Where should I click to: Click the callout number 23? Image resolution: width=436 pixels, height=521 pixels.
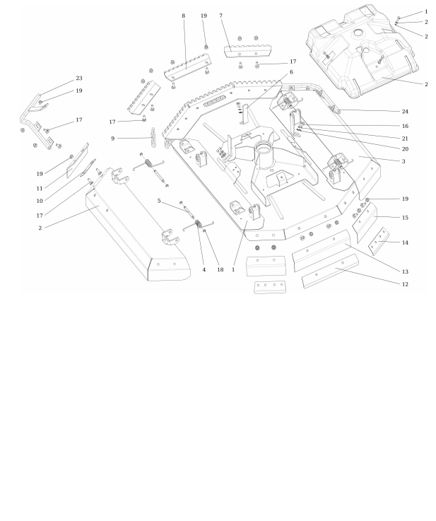tap(78, 78)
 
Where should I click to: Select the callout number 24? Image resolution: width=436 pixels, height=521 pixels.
tap(405, 112)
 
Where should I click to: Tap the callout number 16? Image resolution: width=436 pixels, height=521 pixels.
tap(405, 126)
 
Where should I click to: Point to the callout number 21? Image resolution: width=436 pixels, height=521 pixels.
tap(405, 139)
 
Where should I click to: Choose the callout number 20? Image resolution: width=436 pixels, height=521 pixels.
tap(405, 149)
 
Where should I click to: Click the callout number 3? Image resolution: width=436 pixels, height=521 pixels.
tap(403, 161)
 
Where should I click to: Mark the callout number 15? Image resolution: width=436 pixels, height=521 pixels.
tap(405, 218)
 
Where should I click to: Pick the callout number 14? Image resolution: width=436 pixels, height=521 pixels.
tap(405, 242)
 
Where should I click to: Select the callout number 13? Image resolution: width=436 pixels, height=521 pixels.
tap(405, 271)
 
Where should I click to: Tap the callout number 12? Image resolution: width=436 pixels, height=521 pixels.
tap(405, 284)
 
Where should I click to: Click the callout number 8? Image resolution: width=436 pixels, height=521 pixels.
tap(184, 16)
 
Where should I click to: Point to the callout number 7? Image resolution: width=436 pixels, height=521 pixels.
tap(220, 16)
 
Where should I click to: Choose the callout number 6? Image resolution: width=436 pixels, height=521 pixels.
tap(291, 72)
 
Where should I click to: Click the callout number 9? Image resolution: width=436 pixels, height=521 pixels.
tap(113, 139)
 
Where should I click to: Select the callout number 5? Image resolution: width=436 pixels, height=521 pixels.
tap(159, 201)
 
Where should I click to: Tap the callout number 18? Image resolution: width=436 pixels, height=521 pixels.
tap(220, 270)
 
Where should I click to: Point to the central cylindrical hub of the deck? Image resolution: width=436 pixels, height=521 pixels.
tap(264, 155)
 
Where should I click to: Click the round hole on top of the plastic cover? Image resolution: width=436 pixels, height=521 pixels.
tap(358, 33)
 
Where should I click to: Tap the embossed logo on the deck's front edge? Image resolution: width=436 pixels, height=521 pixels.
tap(214, 100)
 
